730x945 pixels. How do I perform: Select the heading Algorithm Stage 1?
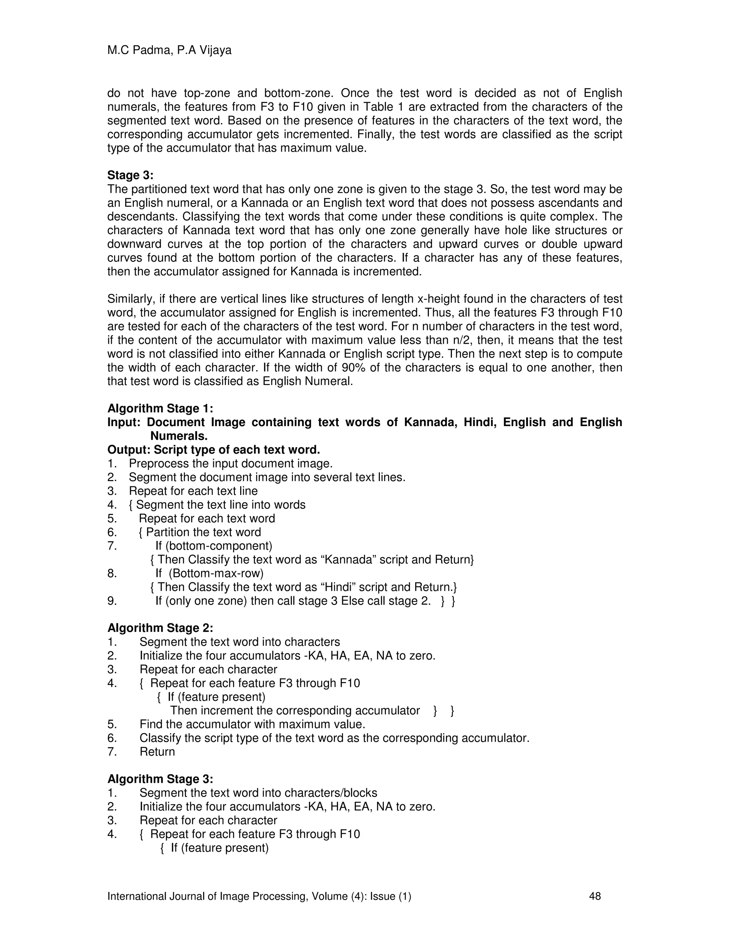[x=160, y=408]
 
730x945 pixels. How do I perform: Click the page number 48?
[x=595, y=896]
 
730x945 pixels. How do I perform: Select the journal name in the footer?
[x=259, y=896]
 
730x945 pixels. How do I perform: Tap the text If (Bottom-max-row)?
[x=209, y=573]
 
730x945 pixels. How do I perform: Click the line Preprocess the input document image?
[x=231, y=464]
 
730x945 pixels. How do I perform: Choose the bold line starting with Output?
[x=214, y=450]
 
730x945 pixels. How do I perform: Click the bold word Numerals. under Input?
[x=179, y=436]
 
